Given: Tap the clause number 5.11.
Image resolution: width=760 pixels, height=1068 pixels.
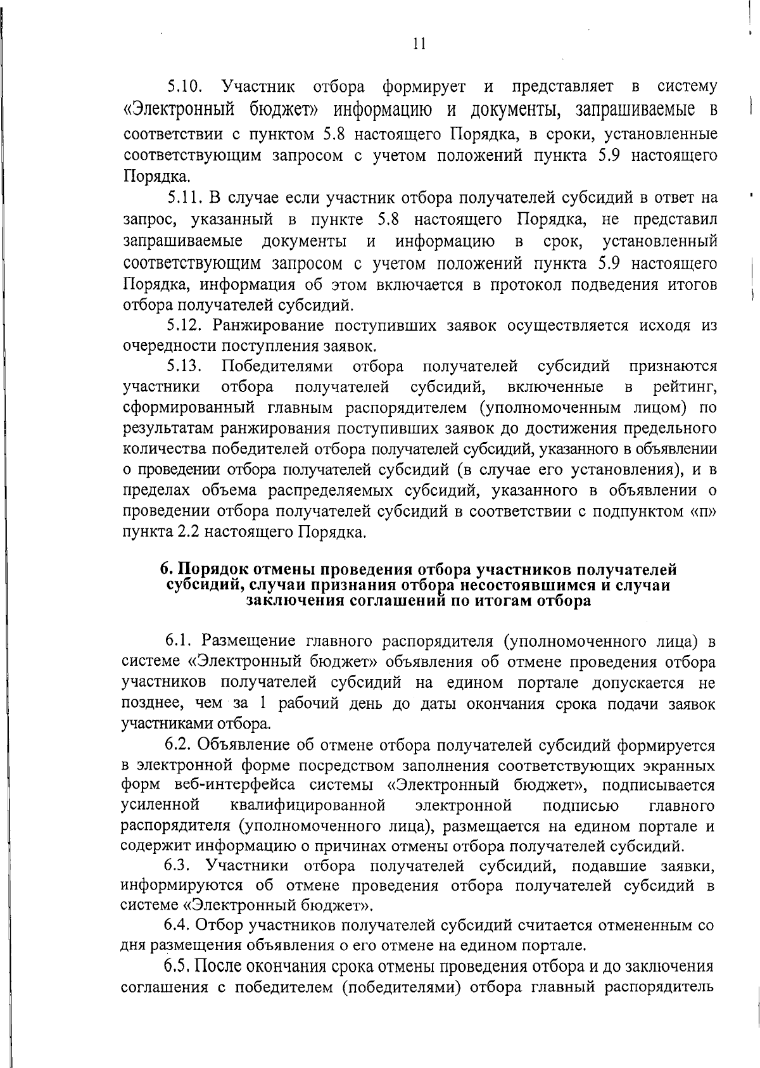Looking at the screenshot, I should coord(184,198).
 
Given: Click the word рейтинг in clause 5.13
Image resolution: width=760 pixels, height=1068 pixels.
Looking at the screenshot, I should coord(685,386).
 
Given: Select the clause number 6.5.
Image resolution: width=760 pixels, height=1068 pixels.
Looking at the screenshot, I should coord(178,967).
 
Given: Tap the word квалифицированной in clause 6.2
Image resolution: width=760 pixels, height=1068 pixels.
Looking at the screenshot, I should coord(308,806).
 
